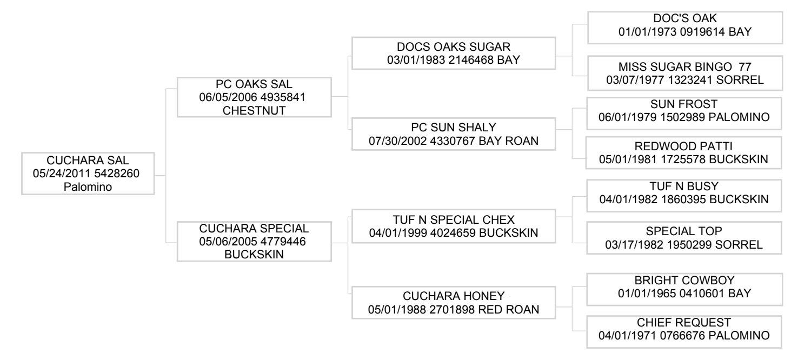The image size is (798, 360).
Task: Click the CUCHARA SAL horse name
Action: pyautogui.click(x=88, y=160)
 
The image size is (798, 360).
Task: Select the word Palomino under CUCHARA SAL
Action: pyautogui.click(x=88, y=186)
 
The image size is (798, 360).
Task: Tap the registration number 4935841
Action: pyautogui.click(x=283, y=97)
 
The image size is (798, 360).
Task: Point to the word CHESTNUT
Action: pyautogui.click(x=254, y=111)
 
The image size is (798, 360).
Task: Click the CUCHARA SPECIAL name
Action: pyautogui.click(x=254, y=228)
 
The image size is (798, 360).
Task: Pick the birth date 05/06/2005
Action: pyautogui.click(x=228, y=242)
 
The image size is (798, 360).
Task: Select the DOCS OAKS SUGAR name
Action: pyautogui.click(x=454, y=46)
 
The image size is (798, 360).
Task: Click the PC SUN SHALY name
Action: pyautogui.click(x=454, y=128)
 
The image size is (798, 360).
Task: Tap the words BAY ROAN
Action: pyautogui.click(x=508, y=141)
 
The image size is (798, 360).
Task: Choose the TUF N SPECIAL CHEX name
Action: pyautogui.click(x=454, y=219)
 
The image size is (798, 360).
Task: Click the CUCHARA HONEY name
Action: pyautogui.click(x=454, y=296)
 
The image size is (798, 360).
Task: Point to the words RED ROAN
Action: pyautogui.click(x=508, y=309)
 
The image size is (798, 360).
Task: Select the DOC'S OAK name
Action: pyautogui.click(x=684, y=18)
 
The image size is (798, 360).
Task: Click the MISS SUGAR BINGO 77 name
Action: pyautogui.click(x=684, y=66)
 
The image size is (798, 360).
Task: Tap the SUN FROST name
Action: pyautogui.click(x=683, y=104)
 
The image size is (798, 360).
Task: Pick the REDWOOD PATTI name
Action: pyautogui.click(x=683, y=146)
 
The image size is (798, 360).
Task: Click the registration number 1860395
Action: pyautogui.click(x=683, y=199)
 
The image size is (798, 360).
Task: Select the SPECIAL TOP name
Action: pyautogui.click(x=683, y=231)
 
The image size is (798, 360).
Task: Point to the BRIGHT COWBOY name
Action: pyautogui.click(x=684, y=280)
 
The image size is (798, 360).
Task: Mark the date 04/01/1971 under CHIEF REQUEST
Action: pyautogui.click(x=627, y=336)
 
